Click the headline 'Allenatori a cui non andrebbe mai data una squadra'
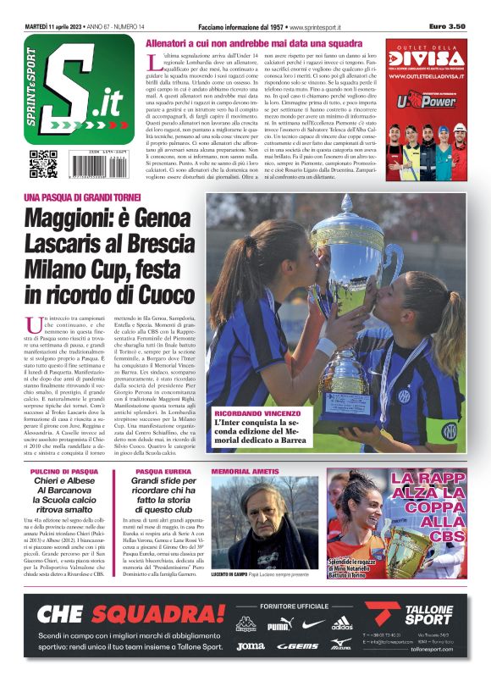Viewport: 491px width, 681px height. (255, 42)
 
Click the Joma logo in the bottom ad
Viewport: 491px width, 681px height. (250, 645)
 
